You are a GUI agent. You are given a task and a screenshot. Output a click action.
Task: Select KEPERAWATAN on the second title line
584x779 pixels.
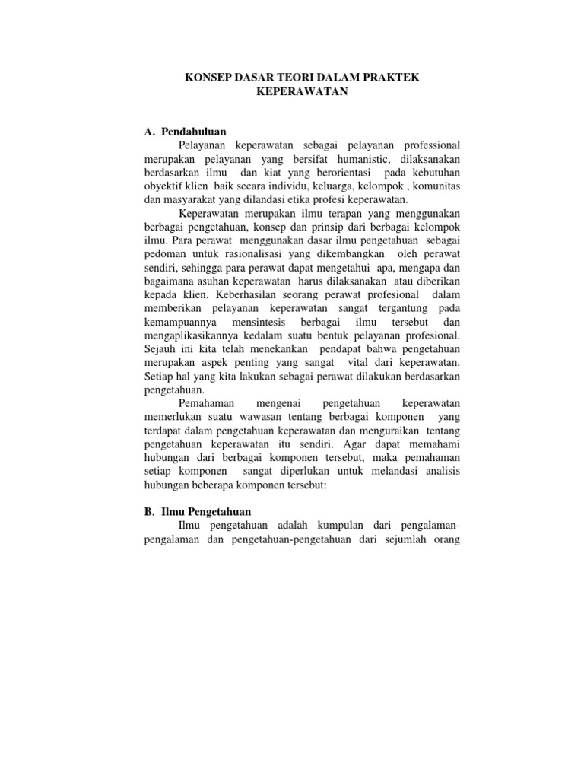pos(303,93)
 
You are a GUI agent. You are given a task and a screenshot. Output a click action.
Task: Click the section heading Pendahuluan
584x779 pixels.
pos(194,132)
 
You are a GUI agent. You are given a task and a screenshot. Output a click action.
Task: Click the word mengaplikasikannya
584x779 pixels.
pos(194,335)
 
